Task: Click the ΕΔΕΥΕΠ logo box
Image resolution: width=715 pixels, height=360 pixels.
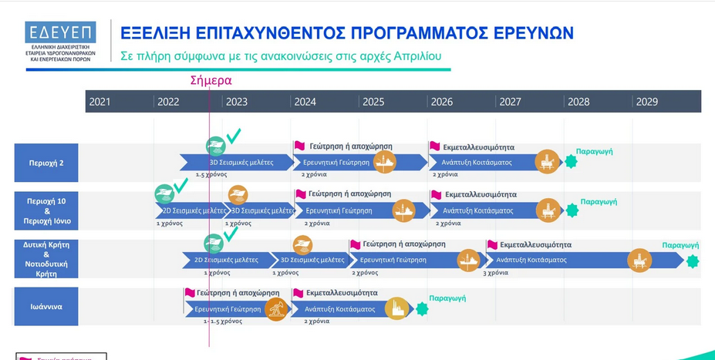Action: pyautogui.click(x=60, y=32)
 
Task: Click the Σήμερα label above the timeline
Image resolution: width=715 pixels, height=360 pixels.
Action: pyautogui.click(x=211, y=80)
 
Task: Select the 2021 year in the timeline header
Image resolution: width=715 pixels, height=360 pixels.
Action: pyautogui.click(x=99, y=102)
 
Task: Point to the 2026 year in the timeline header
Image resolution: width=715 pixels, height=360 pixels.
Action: pyautogui.click(x=442, y=102)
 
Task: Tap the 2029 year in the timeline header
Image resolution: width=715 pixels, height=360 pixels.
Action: pyautogui.click(x=647, y=102)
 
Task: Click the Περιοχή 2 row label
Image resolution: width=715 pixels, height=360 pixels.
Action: pyautogui.click(x=46, y=163)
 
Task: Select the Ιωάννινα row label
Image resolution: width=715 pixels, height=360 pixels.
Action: pyautogui.click(x=46, y=307)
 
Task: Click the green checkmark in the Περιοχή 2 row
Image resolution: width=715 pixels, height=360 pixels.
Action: pyautogui.click(x=233, y=136)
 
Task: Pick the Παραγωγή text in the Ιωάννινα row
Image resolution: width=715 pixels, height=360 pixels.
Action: pyautogui.click(x=446, y=298)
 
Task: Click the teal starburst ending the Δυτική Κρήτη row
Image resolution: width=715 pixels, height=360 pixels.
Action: pyautogui.click(x=693, y=261)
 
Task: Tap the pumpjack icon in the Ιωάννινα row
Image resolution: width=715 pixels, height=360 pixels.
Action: pyautogui.click(x=275, y=309)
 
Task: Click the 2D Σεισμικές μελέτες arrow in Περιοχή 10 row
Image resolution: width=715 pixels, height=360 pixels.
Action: pyautogui.click(x=192, y=210)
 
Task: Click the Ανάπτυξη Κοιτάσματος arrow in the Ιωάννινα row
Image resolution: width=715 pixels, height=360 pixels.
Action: pyautogui.click(x=339, y=309)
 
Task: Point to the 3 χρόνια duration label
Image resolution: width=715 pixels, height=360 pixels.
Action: pyautogui.click(x=495, y=272)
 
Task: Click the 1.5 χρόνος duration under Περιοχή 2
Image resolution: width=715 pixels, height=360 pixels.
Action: pyautogui.click(x=210, y=175)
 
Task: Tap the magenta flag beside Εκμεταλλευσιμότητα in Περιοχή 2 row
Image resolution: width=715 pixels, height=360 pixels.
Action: pyautogui.click(x=434, y=146)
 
